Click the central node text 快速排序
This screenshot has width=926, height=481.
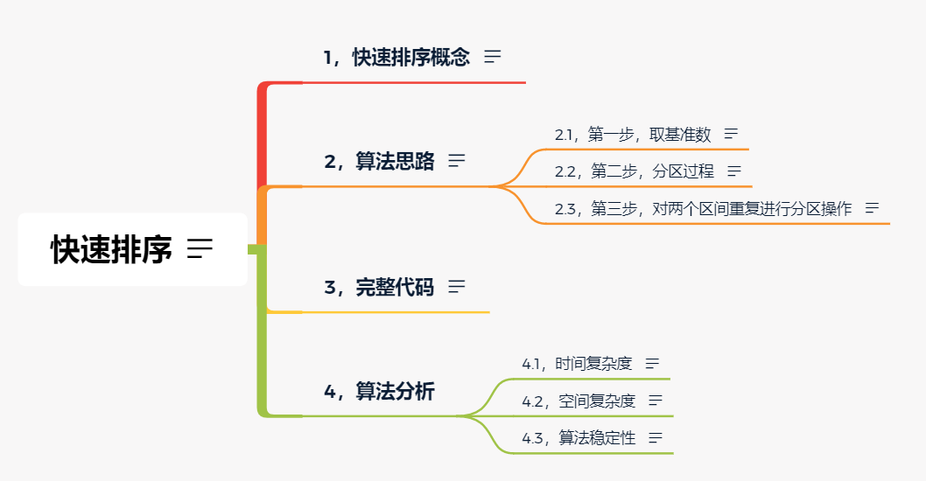[111, 249]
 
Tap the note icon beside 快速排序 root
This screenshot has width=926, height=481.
[200, 249]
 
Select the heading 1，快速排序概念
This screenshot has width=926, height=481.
[396, 58]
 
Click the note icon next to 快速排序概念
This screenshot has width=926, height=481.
[493, 57]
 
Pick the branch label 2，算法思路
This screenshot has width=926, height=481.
[379, 162]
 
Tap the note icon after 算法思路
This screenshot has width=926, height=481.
[457, 161]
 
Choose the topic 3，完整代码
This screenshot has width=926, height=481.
[379, 287]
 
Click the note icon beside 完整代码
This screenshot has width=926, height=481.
[457, 286]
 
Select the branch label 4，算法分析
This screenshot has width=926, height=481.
[379, 392]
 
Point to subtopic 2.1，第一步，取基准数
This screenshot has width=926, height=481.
[633, 135]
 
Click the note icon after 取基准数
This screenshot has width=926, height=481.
[731, 135]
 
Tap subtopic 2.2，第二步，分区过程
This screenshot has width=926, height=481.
[635, 171]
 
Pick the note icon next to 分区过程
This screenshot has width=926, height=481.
[734, 171]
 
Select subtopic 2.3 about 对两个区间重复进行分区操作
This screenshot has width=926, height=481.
[703, 209]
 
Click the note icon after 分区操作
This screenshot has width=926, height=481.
[872, 208]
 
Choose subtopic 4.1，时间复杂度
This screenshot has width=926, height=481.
[577, 364]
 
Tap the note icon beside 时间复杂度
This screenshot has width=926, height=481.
[652, 364]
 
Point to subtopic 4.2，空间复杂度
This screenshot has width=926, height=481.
[579, 401]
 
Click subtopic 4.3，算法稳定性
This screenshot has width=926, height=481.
[579, 438]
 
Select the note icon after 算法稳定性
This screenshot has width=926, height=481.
[655, 438]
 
